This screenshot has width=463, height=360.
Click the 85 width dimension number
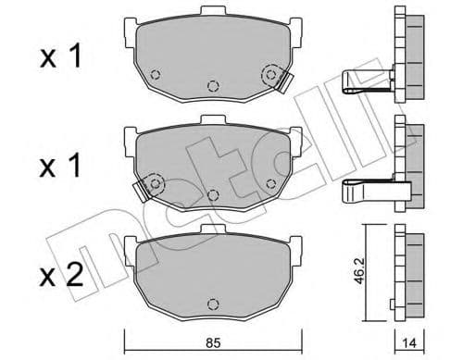click(213, 341)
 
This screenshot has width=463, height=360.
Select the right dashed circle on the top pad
click(271, 74)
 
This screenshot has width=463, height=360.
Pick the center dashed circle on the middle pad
click(213, 194)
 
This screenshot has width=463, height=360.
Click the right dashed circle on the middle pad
click(270, 182)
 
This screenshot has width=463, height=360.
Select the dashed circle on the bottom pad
click(213, 304)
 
